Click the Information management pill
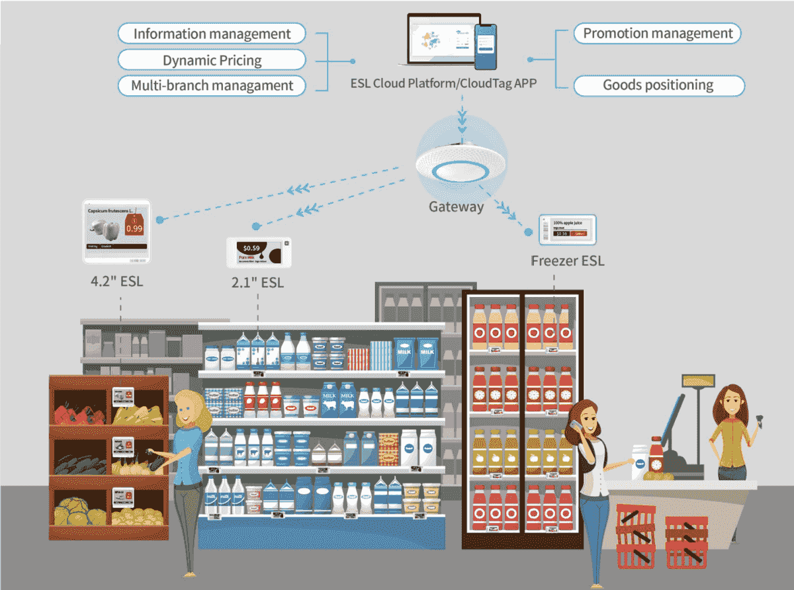212,34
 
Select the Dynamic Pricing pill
212,60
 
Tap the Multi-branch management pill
212,85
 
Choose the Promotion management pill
658,33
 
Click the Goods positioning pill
658,85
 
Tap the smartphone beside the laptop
486,46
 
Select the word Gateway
456,207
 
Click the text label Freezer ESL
568,261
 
